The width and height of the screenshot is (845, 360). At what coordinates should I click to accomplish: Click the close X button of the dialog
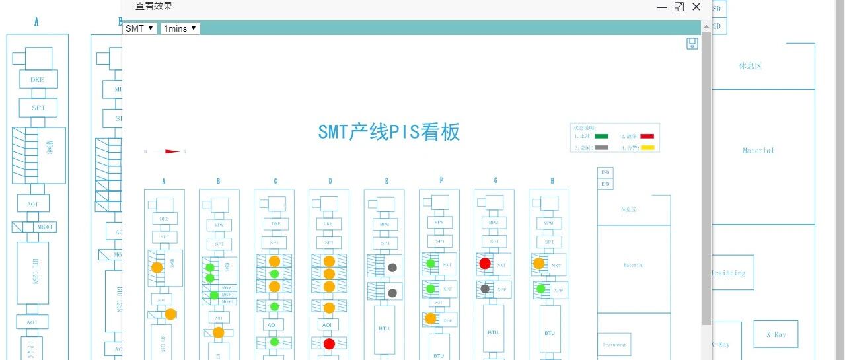click(696, 7)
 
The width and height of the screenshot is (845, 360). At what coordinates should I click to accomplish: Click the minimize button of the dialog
click(661, 7)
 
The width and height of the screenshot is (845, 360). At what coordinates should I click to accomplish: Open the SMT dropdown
click(140, 28)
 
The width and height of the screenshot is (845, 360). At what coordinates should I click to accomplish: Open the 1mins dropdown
click(180, 28)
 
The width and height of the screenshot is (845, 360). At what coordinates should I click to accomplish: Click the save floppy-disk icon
click(692, 44)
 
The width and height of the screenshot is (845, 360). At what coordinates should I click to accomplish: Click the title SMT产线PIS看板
click(388, 132)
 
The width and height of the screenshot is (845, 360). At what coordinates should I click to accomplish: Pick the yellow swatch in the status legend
click(647, 147)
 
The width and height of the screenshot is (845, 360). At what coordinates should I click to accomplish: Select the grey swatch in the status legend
click(601, 147)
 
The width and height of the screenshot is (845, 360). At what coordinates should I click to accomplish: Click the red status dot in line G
click(485, 263)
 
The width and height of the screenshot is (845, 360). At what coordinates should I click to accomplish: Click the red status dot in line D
click(329, 343)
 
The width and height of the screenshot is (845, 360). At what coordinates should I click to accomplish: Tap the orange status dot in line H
click(538, 263)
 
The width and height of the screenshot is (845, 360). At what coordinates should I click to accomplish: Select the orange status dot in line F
click(431, 318)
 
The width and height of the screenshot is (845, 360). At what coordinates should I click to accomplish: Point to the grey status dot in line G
click(485, 289)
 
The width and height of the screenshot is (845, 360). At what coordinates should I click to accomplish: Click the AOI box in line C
click(274, 326)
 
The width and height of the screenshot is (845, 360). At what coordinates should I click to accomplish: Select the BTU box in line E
click(384, 327)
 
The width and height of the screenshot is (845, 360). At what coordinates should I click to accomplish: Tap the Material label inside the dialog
click(634, 265)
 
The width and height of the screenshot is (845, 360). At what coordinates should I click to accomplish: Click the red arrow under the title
click(172, 151)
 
